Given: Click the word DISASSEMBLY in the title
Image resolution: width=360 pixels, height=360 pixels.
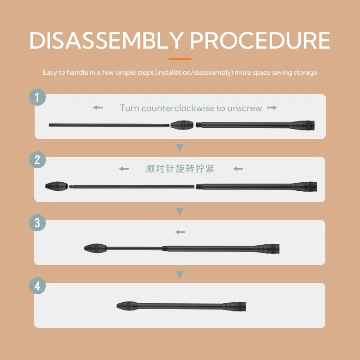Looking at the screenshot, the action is [106, 40].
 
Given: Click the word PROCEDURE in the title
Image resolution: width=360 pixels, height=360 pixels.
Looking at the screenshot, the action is [260, 40].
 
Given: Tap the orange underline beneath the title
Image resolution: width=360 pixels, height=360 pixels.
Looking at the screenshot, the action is [180, 59].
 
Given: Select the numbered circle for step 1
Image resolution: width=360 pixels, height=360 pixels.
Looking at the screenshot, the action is [37, 97].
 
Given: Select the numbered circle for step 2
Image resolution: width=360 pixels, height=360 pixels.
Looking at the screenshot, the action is [37, 160].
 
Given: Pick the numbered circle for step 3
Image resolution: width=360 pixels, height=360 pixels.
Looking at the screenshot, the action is [37, 223].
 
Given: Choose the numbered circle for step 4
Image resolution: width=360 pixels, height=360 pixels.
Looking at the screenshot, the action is [37, 286].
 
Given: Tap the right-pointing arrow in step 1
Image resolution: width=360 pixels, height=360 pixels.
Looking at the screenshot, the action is [272, 108].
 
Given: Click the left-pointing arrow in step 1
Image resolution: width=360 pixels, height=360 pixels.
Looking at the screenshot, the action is [98, 108].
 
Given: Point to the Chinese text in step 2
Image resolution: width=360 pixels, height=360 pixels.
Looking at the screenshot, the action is [180, 169].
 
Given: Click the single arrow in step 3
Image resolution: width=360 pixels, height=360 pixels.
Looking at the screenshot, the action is [180, 232].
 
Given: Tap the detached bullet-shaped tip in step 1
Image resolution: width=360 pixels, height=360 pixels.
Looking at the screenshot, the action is [182, 125].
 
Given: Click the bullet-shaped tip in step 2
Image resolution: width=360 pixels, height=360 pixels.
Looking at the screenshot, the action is [57, 186].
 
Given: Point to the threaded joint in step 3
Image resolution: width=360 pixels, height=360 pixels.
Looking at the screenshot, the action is [165, 249].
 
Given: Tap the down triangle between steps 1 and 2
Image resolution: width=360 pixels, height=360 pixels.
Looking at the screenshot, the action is [180, 148].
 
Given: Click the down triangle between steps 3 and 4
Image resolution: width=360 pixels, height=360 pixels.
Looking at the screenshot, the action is [180, 274].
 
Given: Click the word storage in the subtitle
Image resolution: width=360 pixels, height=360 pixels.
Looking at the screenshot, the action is [306, 73].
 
